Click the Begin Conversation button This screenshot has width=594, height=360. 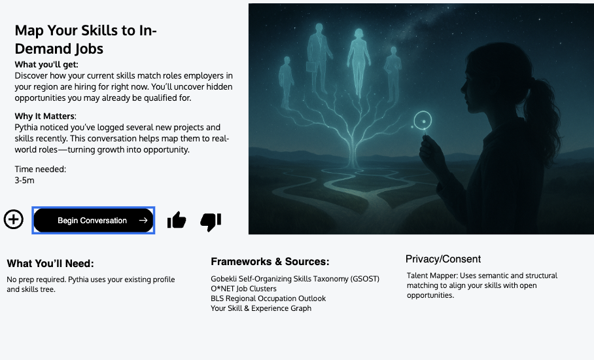tap(93, 220)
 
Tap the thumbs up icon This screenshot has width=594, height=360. tap(177, 220)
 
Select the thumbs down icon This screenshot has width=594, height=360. tap(211, 222)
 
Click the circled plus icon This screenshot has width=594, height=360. tap(14, 219)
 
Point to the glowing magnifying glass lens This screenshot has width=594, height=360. tap(423, 121)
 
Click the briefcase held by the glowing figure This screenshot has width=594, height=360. tap(311, 67)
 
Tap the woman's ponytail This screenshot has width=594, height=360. tap(546, 114)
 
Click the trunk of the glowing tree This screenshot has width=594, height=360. tap(353, 152)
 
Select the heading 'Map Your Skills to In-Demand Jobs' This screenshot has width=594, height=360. tap(86, 39)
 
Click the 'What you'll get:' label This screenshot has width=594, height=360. tap(46, 64)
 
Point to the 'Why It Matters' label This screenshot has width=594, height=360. tap(44, 116)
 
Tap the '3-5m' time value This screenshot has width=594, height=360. tap(25, 181)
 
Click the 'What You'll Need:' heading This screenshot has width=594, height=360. tap(50, 263)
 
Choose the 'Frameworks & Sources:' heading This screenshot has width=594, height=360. tap(270, 261)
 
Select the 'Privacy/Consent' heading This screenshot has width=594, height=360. tap(443, 259)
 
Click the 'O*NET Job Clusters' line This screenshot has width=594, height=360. tap(243, 289)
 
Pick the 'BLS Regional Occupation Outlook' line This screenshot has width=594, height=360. tap(268, 298)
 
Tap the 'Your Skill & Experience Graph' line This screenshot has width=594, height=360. tap(261, 308)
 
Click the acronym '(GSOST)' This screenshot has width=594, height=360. tap(365, 279)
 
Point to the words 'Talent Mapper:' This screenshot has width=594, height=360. tap(432, 276)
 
